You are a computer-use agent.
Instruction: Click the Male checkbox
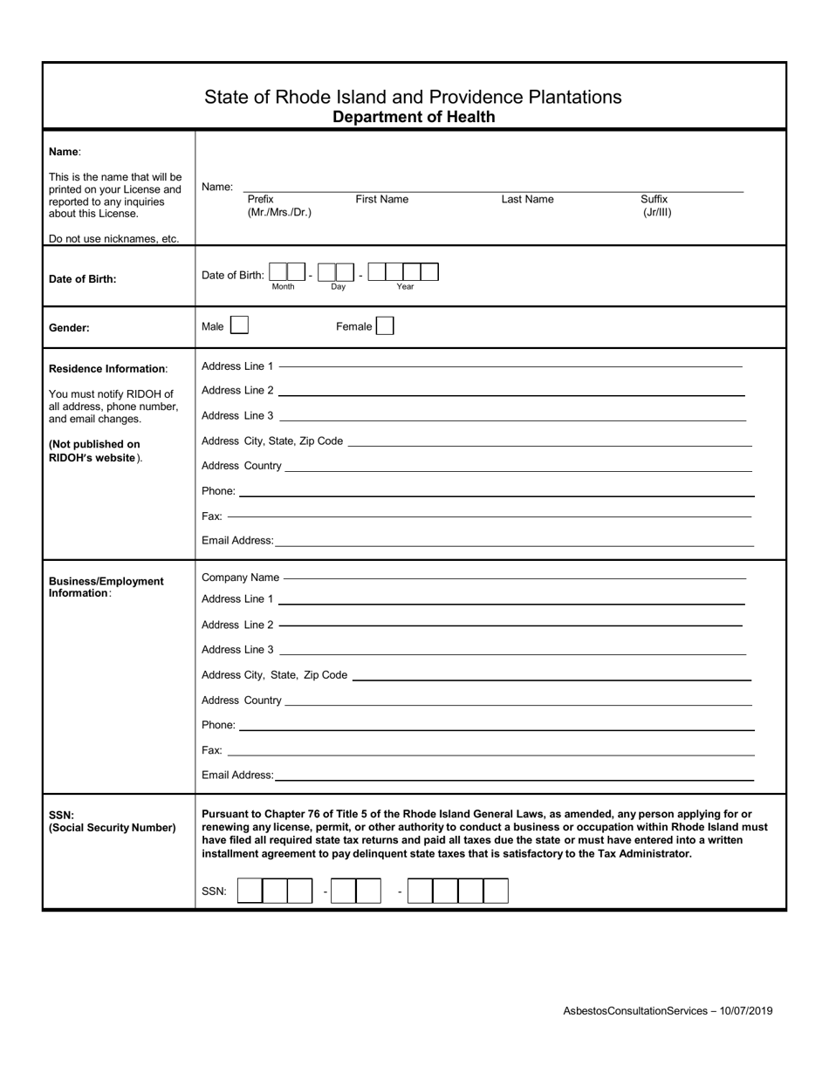[x=239, y=326]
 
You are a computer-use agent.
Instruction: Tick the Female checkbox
[x=385, y=326]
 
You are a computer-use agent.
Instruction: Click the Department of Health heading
[x=414, y=117]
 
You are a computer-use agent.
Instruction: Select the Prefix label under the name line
[x=260, y=199]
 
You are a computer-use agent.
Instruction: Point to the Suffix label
[x=654, y=199]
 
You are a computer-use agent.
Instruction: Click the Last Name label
[x=527, y=199]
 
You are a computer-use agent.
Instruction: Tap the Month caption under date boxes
[x=283, y=287]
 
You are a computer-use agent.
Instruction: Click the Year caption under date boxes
[x=405, y=287]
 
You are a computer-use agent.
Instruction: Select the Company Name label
[x=241, y=578]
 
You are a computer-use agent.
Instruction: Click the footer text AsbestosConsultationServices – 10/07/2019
[x=668, y=1011]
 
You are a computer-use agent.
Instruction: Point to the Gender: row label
[x=69, y=328]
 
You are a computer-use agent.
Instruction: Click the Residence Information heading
[x=107, y=369]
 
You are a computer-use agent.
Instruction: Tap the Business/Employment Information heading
[x=106, y=587]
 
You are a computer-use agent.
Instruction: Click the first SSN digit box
[x=250, y=891]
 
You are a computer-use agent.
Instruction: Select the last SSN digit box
[x=496, y=891]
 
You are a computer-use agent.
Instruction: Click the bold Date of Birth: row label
[x=83, y=279]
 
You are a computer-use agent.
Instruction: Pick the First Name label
[x=381, y=199]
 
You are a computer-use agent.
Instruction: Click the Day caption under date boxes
[x=338, y=287]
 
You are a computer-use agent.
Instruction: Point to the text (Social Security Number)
[x=113, y=828]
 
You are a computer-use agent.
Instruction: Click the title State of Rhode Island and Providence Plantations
[x=413, y=97]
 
